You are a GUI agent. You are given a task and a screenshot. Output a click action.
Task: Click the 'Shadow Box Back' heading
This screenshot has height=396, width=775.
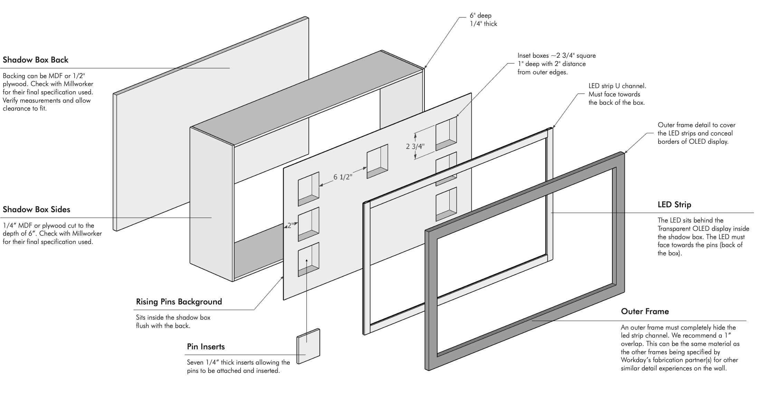[x=36, y=60]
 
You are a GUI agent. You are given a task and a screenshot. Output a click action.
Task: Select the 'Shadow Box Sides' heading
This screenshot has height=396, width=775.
[x=36, y=209]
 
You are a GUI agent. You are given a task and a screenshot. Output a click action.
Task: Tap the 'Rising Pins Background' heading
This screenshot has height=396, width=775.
[x=179, y=302]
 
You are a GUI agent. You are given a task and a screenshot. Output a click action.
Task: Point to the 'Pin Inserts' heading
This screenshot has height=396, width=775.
[x=206, y=347]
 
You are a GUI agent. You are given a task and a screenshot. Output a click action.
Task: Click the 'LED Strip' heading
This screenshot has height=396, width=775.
[x=674, y=205]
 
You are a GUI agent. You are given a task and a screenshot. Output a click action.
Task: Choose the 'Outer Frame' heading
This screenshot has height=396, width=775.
[x=645, y=311]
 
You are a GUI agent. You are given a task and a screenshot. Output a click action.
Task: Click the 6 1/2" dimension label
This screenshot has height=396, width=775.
[x=343, y=177]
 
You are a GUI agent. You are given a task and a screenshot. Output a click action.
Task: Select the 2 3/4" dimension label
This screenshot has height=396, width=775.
[x=415, y=146]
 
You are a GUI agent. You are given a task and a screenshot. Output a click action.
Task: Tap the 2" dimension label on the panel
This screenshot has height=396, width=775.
[x=290, y=226]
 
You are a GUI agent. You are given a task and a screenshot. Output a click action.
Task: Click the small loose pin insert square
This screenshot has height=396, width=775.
[x=308, y=346]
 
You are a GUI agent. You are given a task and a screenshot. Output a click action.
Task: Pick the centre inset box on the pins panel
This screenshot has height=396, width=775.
[x=377, y=161]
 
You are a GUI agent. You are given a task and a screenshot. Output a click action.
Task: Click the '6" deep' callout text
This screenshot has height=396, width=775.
[x=480, y=16]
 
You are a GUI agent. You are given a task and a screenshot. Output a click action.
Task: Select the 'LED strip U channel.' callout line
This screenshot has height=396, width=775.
[x=617, y=86]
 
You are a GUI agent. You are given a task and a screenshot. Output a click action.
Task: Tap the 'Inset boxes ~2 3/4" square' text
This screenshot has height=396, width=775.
[x=556, y=56]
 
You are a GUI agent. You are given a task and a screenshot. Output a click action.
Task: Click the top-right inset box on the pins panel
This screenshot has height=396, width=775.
[x=446, y=133]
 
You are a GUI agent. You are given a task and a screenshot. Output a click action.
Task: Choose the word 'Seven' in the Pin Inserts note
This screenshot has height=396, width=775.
[x=196, y=362]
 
